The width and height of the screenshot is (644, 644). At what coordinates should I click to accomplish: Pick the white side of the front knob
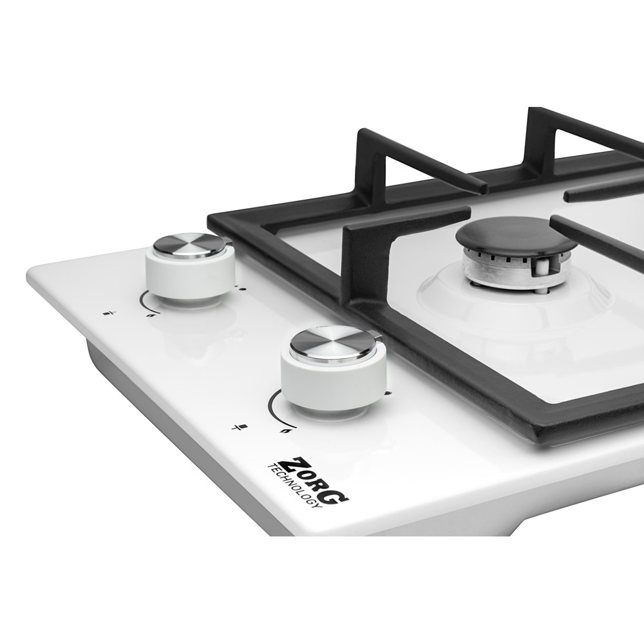click(334, 383)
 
